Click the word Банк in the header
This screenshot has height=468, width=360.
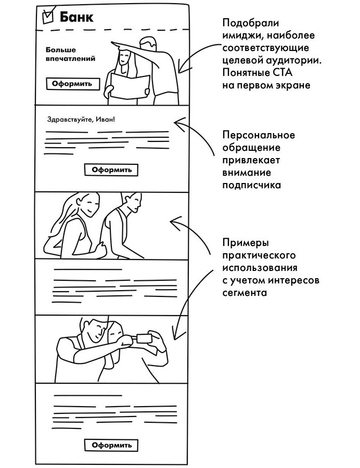click(x=76, y=17)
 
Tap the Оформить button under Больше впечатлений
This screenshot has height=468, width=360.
click(x=72, y=84)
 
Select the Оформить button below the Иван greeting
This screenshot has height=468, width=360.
click(x=111, y=170)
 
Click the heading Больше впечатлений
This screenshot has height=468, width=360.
click(x=70, y=54)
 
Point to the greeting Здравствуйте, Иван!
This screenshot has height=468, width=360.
click(x=81, y=120)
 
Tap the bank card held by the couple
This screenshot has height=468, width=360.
click(x=145, y=338)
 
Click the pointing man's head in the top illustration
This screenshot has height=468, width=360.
click(x=148, y=44)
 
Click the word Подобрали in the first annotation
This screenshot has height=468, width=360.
click(x=251, y=23)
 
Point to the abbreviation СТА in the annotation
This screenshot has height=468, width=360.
click(x=282, y=73)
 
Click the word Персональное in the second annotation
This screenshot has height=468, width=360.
click(x=259, y=135)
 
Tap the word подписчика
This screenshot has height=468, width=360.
click(x=252, y=185)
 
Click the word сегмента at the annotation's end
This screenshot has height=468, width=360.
click(x=245, y=292)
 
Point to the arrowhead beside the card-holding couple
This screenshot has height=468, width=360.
click(x=176, y=333)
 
